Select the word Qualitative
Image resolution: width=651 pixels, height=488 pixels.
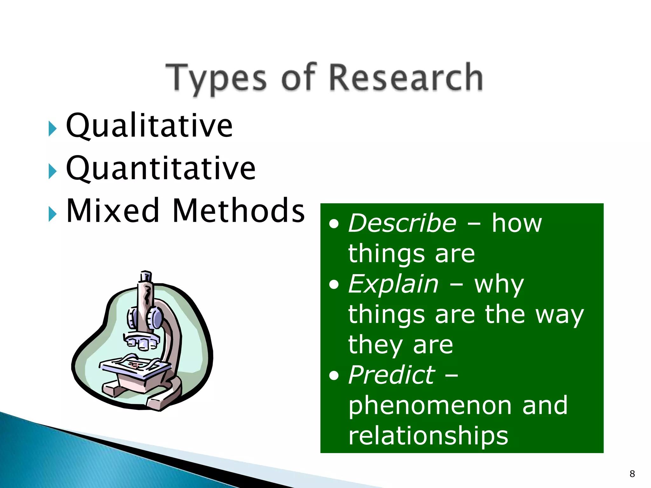click(x=149, y=126)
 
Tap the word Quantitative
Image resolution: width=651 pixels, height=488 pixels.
click(x=161, y=168)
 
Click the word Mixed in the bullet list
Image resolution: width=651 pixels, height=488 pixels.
click(x=113, y=210)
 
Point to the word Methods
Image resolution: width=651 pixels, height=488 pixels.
click(x=238, y=210)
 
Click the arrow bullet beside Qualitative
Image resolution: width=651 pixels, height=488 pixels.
click(x=52, y=129)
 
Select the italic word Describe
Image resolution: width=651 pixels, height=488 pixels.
click(x=402, y=223)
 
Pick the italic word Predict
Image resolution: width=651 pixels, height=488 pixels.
click(x=391, y=375)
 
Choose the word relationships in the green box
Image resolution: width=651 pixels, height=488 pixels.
click(x=428, y=436)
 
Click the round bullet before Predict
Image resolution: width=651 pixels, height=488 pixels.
click(x=334, y=376)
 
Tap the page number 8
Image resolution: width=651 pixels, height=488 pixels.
click(x=632, y=474)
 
